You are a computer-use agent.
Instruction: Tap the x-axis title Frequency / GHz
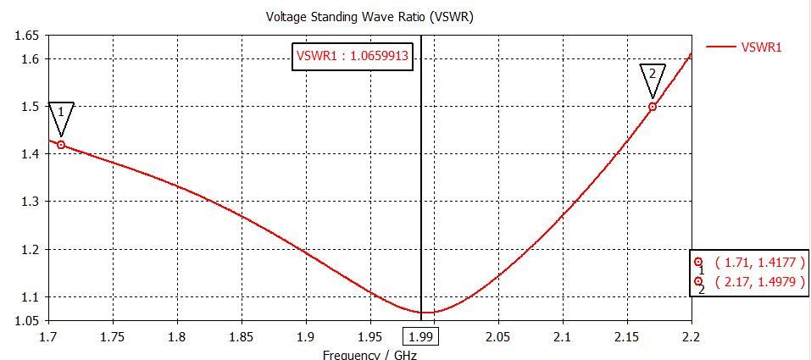(369, 354)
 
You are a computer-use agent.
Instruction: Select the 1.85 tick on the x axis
(241, 337)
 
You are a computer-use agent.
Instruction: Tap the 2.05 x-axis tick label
(498, 337)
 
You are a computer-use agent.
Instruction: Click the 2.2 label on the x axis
(692, 337)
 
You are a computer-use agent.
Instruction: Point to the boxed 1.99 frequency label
(421, 337)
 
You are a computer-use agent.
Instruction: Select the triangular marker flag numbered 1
(61, 114)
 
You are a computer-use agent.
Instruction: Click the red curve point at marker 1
(61, 145)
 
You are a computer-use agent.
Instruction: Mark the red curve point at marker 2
(653, 107)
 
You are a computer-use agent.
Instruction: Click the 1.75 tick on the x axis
(113, 337)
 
